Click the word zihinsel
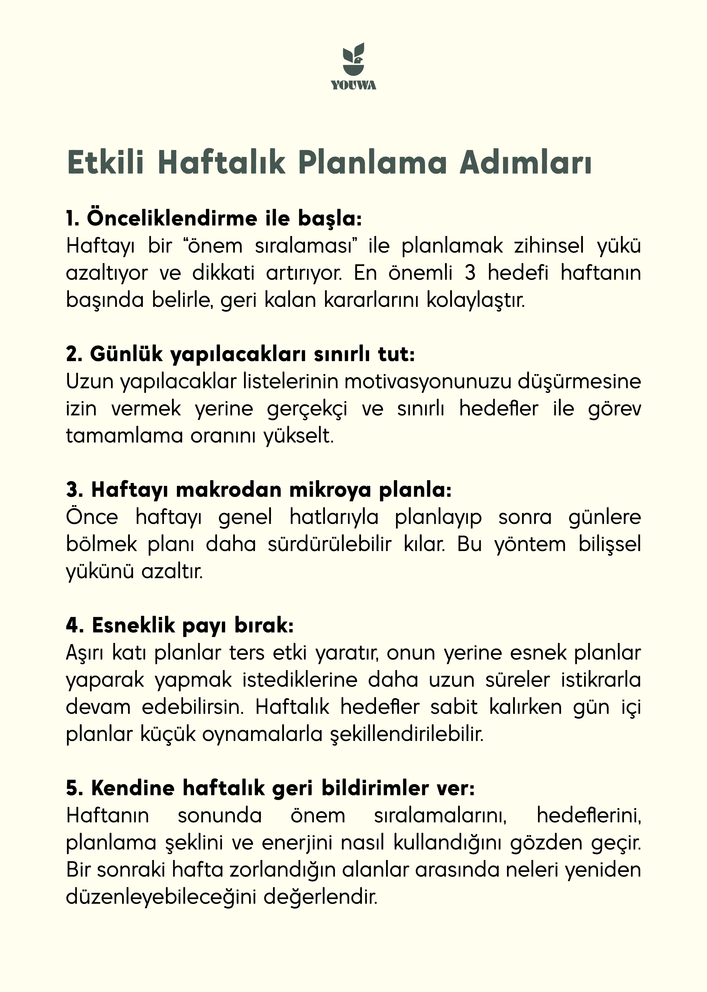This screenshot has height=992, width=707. click(549, 246)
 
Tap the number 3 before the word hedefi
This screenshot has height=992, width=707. click(470, 273)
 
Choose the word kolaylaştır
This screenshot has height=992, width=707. click(475, 300)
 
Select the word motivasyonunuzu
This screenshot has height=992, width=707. click(427, 382)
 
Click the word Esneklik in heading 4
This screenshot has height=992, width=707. click(133, 625)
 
